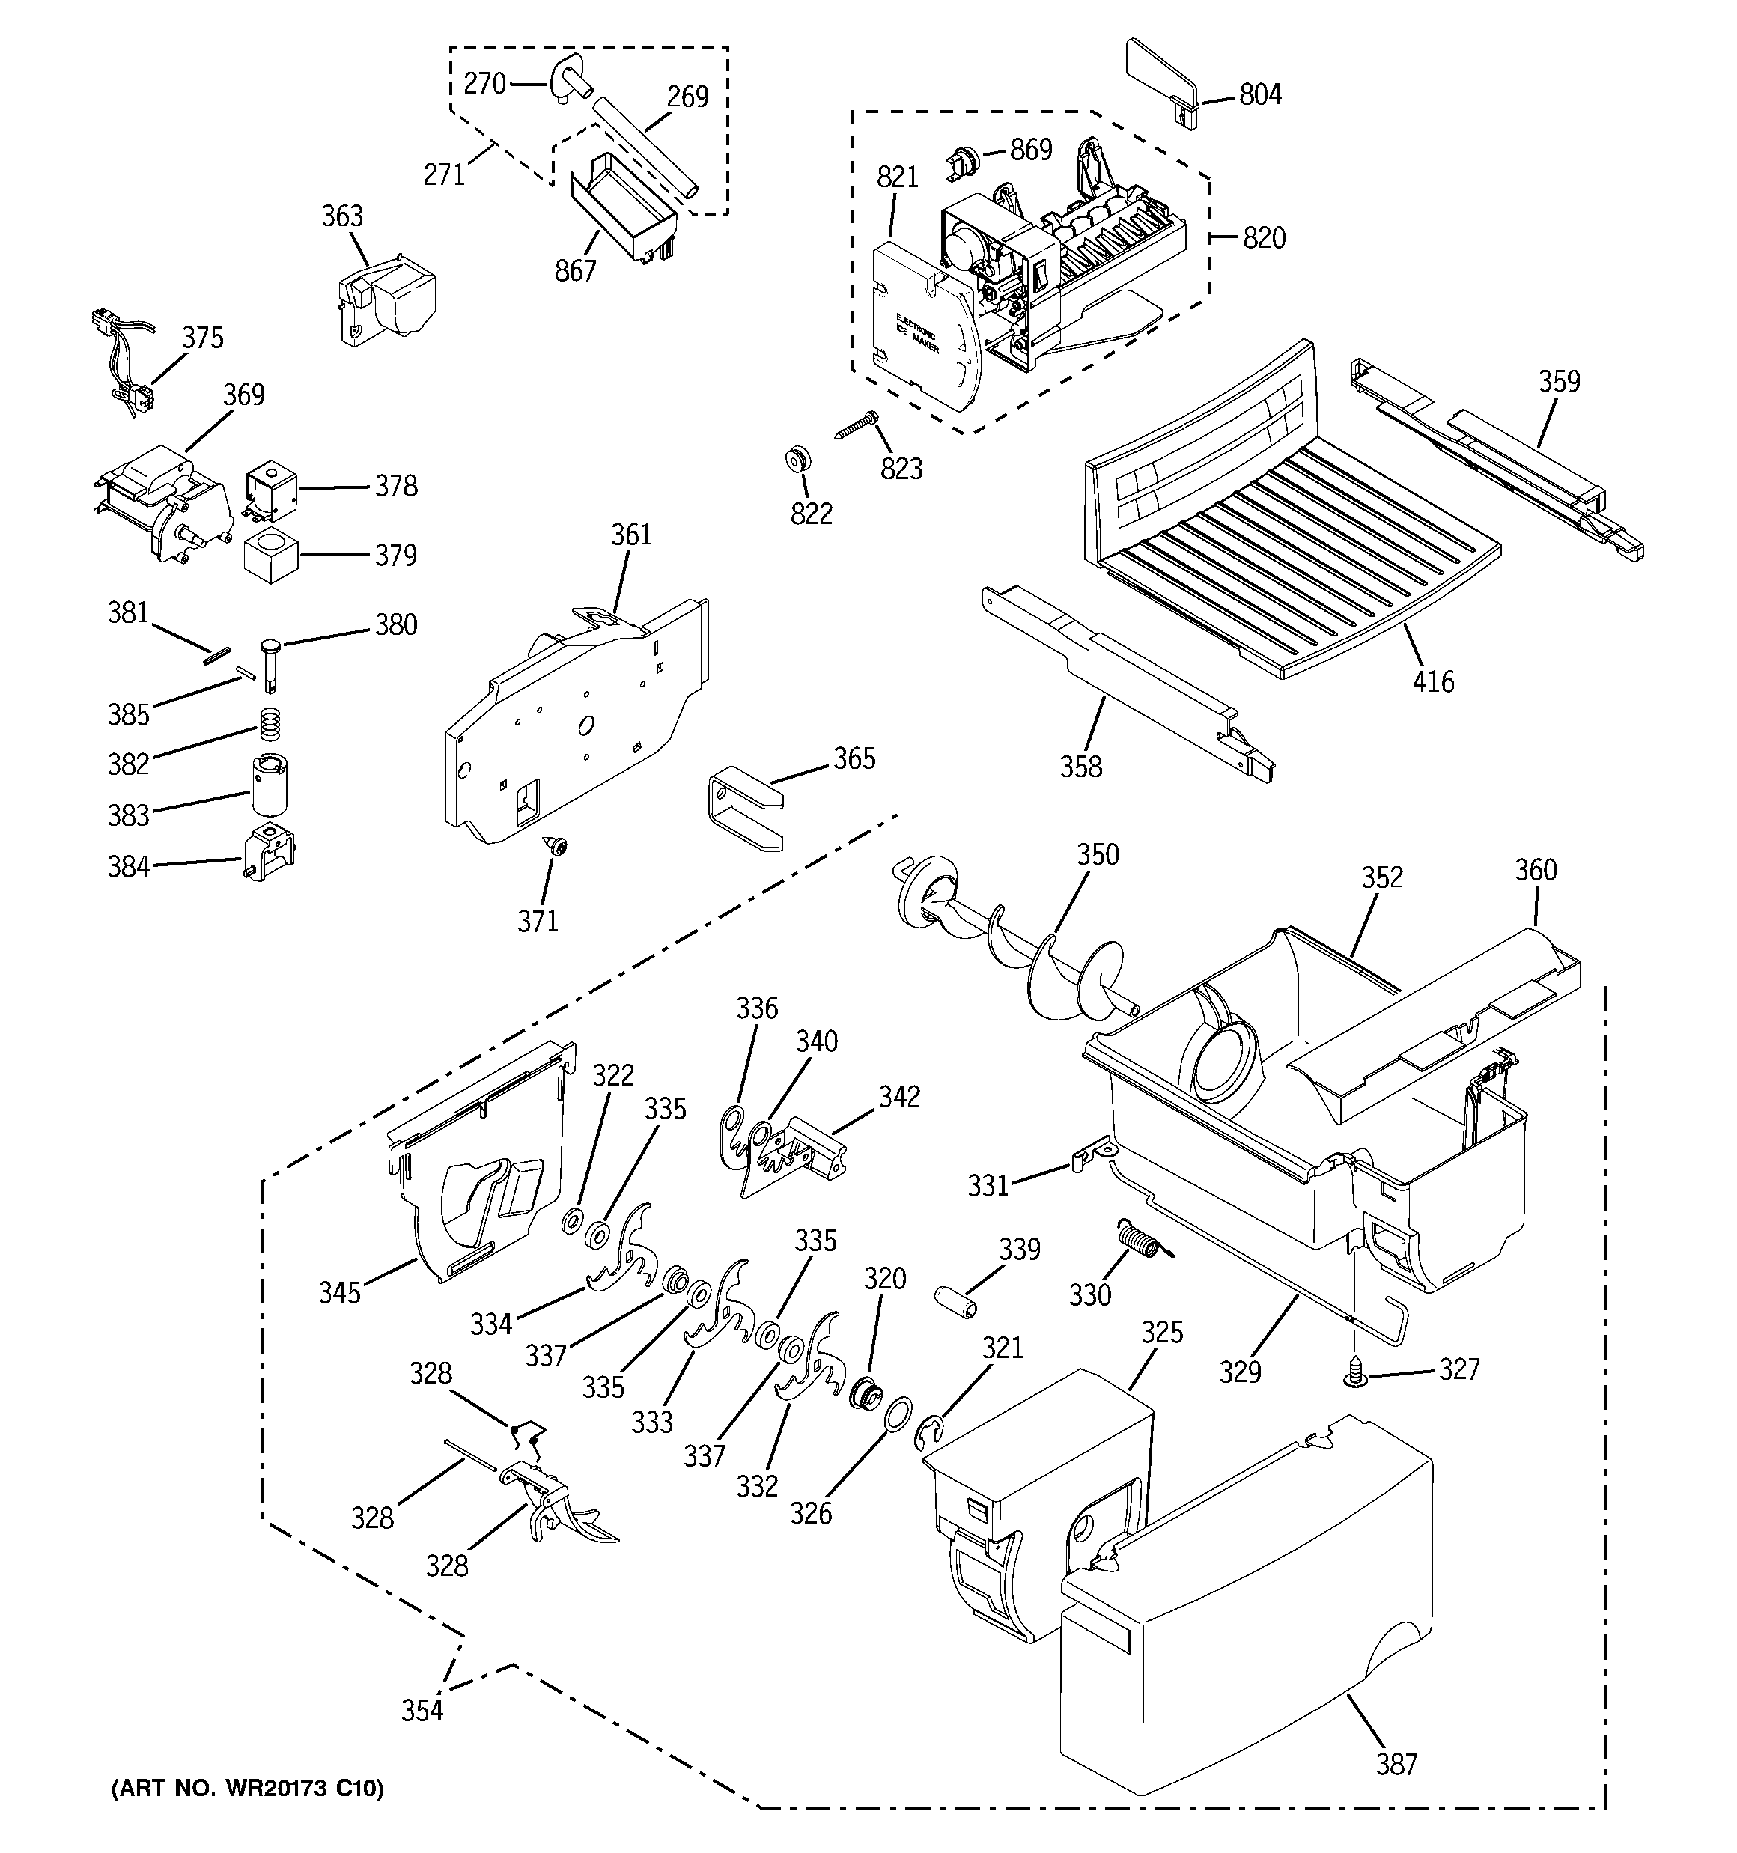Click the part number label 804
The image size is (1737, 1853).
pyautogui.click(x=1259, y=95)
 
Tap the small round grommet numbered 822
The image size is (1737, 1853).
pyautogui.click(x=797, y=459)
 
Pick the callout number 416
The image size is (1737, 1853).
pyautogui.click(x=1432, y=681)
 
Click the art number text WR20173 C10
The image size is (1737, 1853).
pyautogui.click(x=247, y=1788)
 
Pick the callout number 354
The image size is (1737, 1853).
pyautogui.click(x=422, y=1711)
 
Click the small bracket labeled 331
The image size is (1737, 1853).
pyautogui.click(x=1083, y=1158)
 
